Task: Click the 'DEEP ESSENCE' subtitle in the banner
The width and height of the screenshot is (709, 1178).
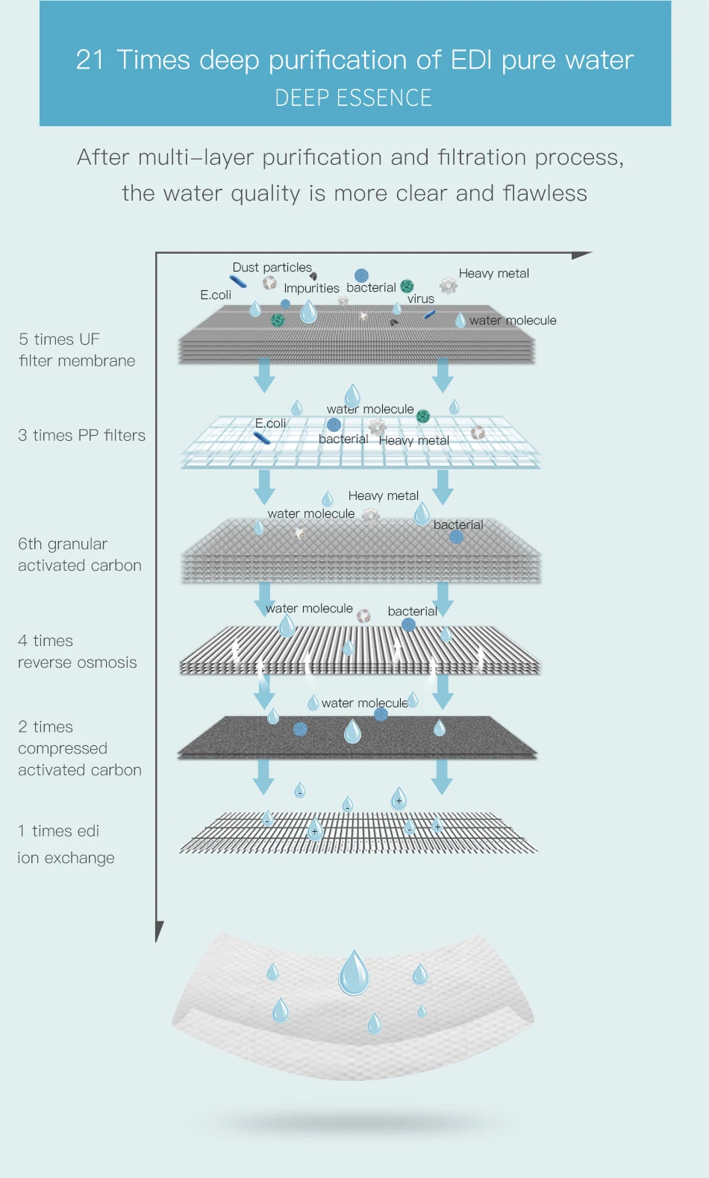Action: point(354,98)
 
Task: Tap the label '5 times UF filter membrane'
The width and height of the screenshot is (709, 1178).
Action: point(77,350)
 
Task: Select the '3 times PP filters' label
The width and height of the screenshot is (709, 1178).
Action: point(81,436)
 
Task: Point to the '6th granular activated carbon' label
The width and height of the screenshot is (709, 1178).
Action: point(80,554)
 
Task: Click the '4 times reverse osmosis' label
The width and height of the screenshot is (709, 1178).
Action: point(78,651)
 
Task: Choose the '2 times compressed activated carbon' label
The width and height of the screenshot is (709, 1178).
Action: point(80,748)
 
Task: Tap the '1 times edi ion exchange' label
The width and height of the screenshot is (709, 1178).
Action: point(66,844)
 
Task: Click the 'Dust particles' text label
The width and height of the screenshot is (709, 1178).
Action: point(272,268)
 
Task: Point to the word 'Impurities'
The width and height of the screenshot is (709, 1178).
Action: point(311,288)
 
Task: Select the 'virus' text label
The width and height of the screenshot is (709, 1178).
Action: point(421,298)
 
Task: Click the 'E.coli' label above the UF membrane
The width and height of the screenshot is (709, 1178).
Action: point(216,295)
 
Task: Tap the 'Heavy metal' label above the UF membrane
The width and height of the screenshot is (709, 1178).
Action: point(494,274)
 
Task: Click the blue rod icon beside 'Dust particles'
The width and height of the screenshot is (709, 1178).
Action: point(238,282)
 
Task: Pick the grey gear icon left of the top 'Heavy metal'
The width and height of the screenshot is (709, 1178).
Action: point(448,286)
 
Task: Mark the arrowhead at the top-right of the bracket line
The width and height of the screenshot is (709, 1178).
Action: point(582,255)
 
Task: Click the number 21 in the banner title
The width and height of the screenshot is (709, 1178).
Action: point(90,60)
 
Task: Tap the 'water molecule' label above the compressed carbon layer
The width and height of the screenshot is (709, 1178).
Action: point(364,703)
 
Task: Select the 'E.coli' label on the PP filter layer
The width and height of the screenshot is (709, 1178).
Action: point(270,423)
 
